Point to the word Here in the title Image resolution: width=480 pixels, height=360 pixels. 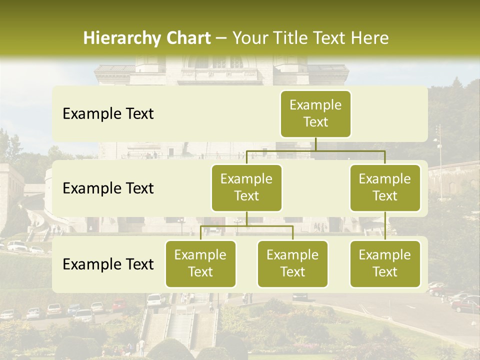368,38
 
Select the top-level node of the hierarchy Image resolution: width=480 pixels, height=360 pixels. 315,113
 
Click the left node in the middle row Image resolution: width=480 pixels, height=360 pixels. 246,187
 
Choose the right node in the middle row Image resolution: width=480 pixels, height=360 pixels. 385,187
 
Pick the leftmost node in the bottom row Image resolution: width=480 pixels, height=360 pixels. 200,263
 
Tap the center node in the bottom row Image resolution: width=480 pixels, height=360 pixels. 292,263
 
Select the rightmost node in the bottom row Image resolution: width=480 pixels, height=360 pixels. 385,263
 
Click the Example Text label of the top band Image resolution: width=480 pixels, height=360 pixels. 108,114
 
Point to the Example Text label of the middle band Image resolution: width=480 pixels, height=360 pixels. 108,188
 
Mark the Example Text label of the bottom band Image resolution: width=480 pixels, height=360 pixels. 108,264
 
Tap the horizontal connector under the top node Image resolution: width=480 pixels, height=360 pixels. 315,150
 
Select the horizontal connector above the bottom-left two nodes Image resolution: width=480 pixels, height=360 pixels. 246,226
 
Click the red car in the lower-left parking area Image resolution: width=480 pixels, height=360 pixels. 119,305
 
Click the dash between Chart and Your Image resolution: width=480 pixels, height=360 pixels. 221,38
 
